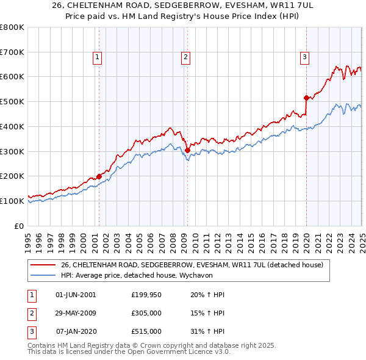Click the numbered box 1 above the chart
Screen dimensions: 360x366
(x=98, y=58)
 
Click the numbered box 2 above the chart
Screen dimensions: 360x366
(x=185, y=58)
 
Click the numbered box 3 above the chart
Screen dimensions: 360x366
(x=304, y=58)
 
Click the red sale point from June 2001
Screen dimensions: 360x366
(x=99, y=176)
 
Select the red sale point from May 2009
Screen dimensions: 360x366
(x=187, y=150)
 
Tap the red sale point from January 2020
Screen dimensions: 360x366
(x=306, y=98)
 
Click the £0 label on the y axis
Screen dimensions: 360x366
(x=18, y=226)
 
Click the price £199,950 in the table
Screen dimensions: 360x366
(x=146, y=295)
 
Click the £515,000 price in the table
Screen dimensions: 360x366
(x=146, y=331)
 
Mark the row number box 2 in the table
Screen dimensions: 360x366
(x=30, y=313)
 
